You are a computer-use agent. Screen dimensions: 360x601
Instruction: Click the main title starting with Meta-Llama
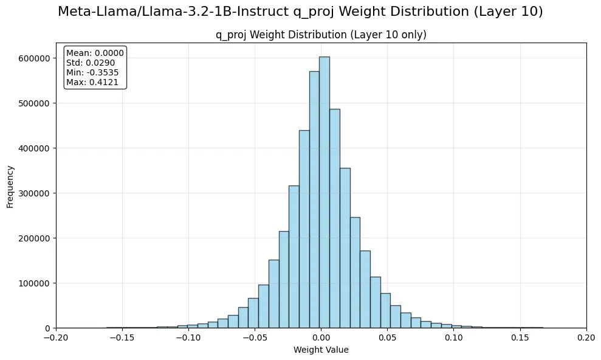[300, 12]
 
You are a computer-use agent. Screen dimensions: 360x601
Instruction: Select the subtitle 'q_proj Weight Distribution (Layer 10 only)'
[321, 35]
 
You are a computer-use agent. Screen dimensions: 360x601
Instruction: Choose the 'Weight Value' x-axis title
[321, 350]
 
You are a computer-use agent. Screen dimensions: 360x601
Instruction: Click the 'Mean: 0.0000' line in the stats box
[95, 53]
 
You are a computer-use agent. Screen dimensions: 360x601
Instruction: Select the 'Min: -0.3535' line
[92, 72]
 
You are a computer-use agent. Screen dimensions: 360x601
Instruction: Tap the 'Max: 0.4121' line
[92, 82]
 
